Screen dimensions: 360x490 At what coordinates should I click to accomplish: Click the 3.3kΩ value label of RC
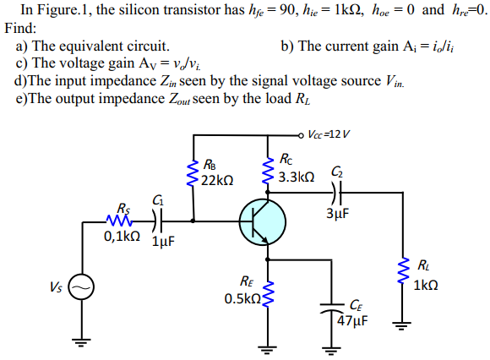pos(297,177)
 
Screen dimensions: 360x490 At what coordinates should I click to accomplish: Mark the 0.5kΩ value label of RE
pos(242,299)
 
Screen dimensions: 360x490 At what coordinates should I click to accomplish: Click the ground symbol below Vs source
pos(82,342)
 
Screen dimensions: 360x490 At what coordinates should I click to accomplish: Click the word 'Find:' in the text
pos(21,28)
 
